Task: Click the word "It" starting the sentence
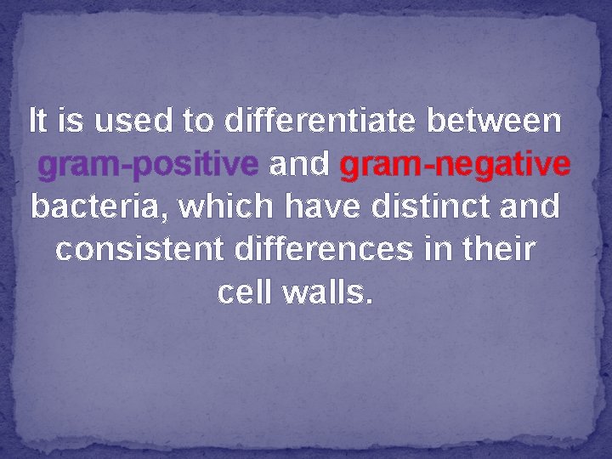tap(37, 122)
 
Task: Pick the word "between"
tap(495, 122)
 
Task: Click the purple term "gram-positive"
tap(149, 165)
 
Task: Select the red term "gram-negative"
tap(454, 165)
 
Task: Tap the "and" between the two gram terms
tap(298, 165)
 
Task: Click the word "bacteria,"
tap(88, 207)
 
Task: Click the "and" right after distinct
tap(530, 207)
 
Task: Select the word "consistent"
tap(138, 251)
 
